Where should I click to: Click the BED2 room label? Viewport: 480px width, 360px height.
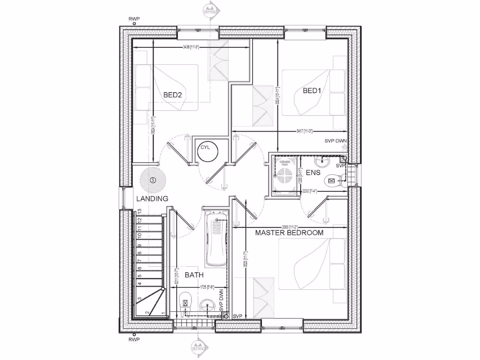(x=172, y=95)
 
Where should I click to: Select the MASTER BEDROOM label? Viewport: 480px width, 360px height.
(x=289, y=232)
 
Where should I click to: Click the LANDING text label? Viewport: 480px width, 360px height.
(x=152, y=199)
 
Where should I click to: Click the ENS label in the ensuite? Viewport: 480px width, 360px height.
(x=313, y=172)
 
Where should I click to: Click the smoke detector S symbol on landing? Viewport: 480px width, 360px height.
(x=153, y=180)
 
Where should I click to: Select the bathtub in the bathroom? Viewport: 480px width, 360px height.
(x=216, y=239)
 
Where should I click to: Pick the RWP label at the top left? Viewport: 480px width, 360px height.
(x=134, y=19)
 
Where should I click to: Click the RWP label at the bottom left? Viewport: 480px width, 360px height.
(x=134, y=341)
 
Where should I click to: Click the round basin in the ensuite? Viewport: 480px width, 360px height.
(x=322, y=162)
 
